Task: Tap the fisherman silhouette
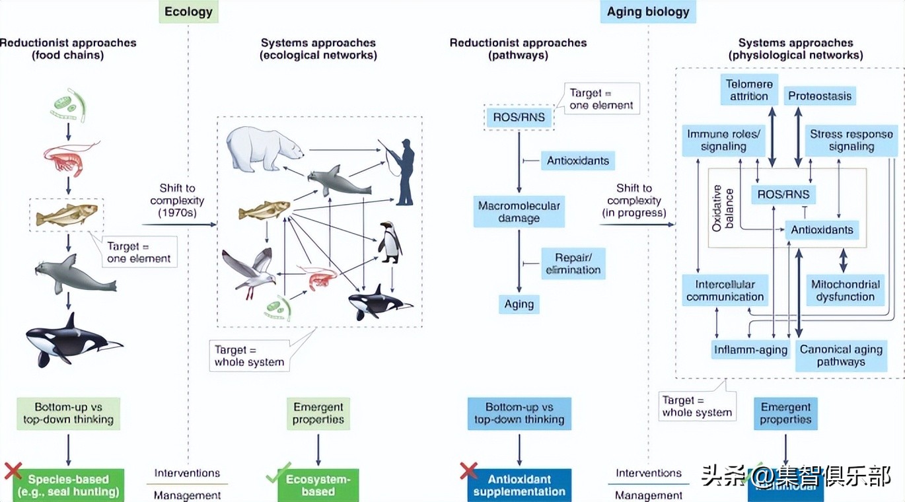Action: (403, 172)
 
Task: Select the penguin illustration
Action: (390, 243)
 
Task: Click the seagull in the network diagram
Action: (250, 273)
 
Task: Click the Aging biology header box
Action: (647, 12)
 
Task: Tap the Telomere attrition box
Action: (749, 90)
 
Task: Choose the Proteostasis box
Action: (820, 96)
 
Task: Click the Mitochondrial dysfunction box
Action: (845, 291)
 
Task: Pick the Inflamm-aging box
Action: (750, 349)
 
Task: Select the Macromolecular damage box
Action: (519, 211)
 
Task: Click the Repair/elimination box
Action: (573, 264)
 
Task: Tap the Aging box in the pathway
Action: (519, 304)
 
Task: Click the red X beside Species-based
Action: (13, 470)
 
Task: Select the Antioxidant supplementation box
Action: (519, 485)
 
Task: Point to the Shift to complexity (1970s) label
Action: (177, 200)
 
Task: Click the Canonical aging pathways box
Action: (841, 355)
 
